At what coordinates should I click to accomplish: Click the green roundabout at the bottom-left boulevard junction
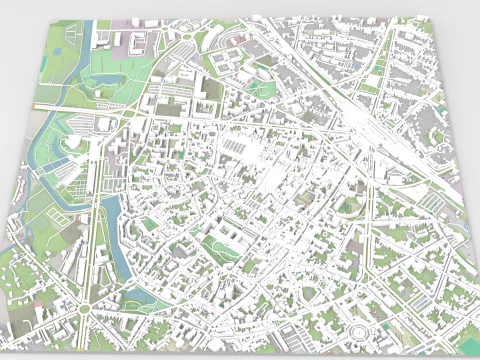click(87, 306)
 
